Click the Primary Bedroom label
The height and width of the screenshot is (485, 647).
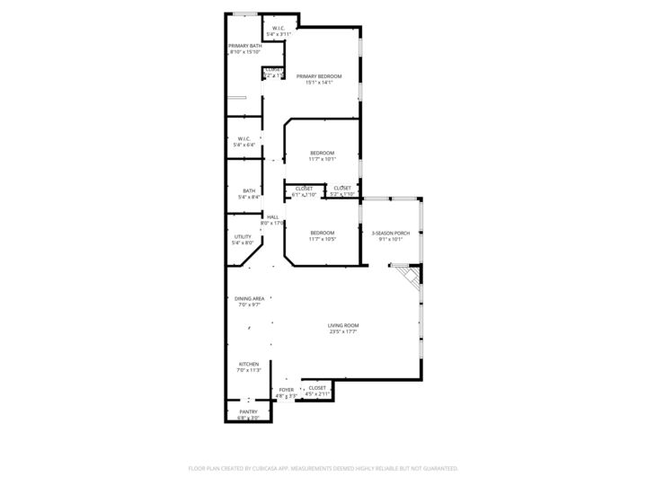click(320, 76)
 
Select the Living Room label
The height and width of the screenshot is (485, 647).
click(343, 325)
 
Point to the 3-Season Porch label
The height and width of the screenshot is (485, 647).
click(391, 233)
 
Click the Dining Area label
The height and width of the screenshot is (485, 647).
click(249, 298)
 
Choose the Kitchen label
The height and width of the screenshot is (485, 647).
click(248, 364)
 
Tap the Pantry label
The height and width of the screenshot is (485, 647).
click(248, 411)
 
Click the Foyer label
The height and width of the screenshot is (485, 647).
click(286, 389)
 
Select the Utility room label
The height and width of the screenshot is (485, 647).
click(243, 236)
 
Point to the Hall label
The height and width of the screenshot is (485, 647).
click(272, 216)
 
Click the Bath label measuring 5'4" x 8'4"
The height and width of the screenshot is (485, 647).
click(248, 190)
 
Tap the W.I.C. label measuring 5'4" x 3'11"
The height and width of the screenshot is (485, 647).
click(279, 28)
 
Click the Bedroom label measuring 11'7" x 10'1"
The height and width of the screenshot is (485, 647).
click(322, 153)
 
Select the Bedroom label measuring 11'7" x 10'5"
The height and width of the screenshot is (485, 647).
click(322, 233)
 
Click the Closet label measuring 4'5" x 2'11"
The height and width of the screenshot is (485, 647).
click(317, 388)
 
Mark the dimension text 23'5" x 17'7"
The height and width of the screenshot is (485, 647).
click(343, 332)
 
